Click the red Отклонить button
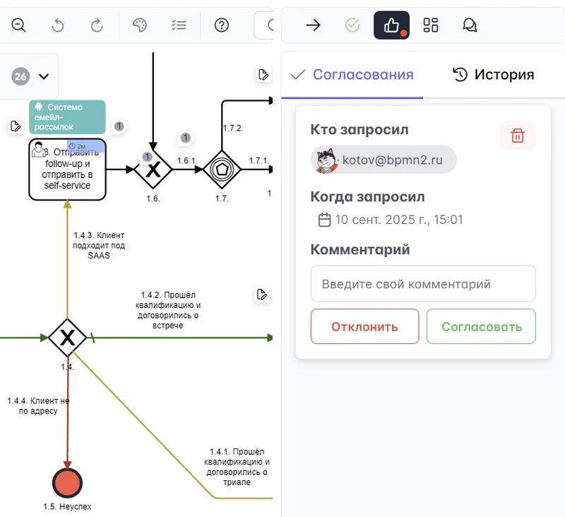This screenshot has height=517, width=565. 364,326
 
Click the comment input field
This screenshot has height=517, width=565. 423,284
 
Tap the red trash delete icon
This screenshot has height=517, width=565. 517,136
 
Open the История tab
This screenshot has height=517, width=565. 493,75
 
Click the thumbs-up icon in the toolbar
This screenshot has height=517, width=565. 391,25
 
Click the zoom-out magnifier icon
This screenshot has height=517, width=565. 19,25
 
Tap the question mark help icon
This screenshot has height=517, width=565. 222,25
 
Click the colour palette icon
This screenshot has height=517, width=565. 140,25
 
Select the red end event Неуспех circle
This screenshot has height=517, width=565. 68,483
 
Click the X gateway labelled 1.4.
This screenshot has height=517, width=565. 68,338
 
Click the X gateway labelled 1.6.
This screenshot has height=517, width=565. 153,170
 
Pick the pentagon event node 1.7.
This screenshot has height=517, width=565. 222,170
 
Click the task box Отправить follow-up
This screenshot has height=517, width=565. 68,170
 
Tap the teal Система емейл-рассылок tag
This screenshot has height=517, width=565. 68,117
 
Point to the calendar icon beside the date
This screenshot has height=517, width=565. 325,220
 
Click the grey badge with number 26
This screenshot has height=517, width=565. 20,76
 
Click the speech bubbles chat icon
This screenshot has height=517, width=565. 470,25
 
